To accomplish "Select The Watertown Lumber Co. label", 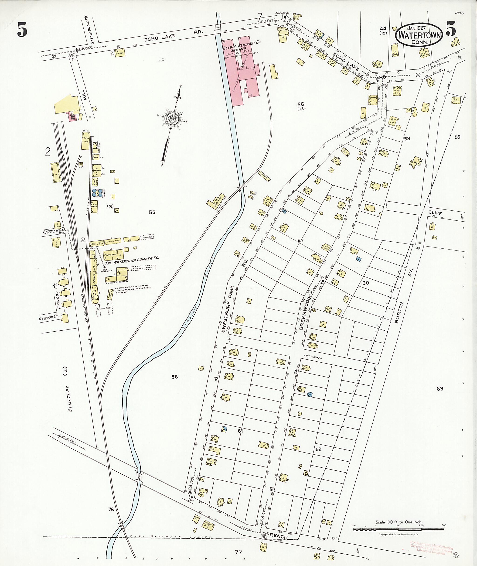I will point(132,259).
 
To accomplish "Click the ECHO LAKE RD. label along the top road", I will point(173,35).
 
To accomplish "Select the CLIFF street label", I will point(435,213).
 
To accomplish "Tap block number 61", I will point(240,431).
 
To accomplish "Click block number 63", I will point(440,388).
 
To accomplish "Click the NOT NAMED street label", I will point(312,357).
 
